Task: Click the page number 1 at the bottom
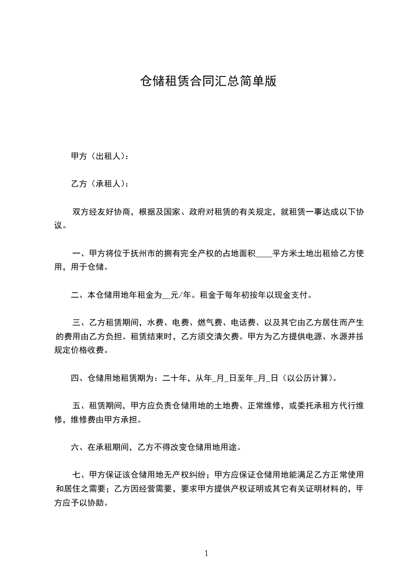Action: pyautogui.click(x=206, y=554)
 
